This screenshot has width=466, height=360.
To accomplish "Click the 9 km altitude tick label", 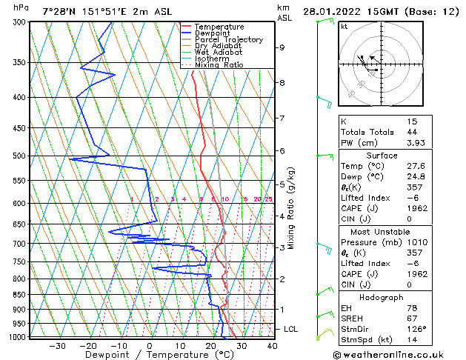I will (x=282, y=47).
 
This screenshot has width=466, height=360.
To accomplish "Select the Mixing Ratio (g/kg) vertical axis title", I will (x=291, y=208).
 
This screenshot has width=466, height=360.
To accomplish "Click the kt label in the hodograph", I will (x=344, y=27).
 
